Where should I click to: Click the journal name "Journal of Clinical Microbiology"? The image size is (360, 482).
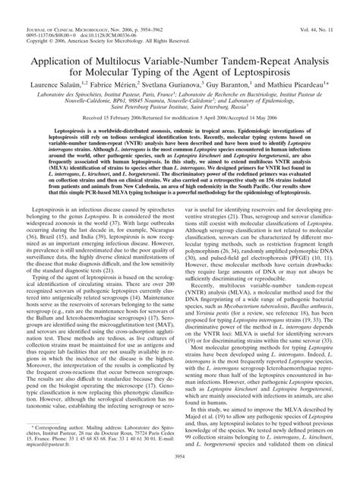point(60,7)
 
